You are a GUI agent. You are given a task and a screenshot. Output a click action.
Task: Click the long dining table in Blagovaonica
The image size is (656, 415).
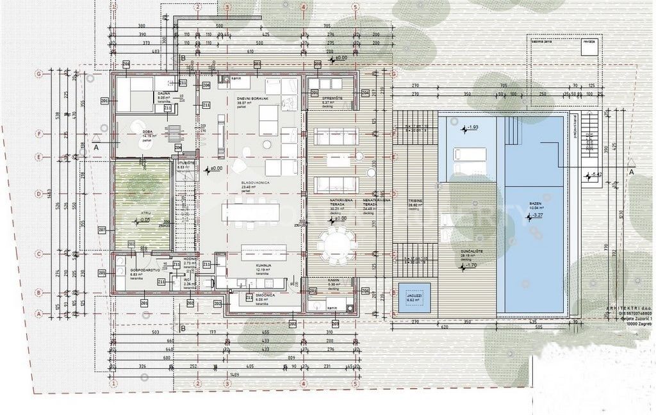(x=251, y=212)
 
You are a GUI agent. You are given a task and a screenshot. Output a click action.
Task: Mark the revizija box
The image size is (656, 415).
(x=589, y=42)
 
